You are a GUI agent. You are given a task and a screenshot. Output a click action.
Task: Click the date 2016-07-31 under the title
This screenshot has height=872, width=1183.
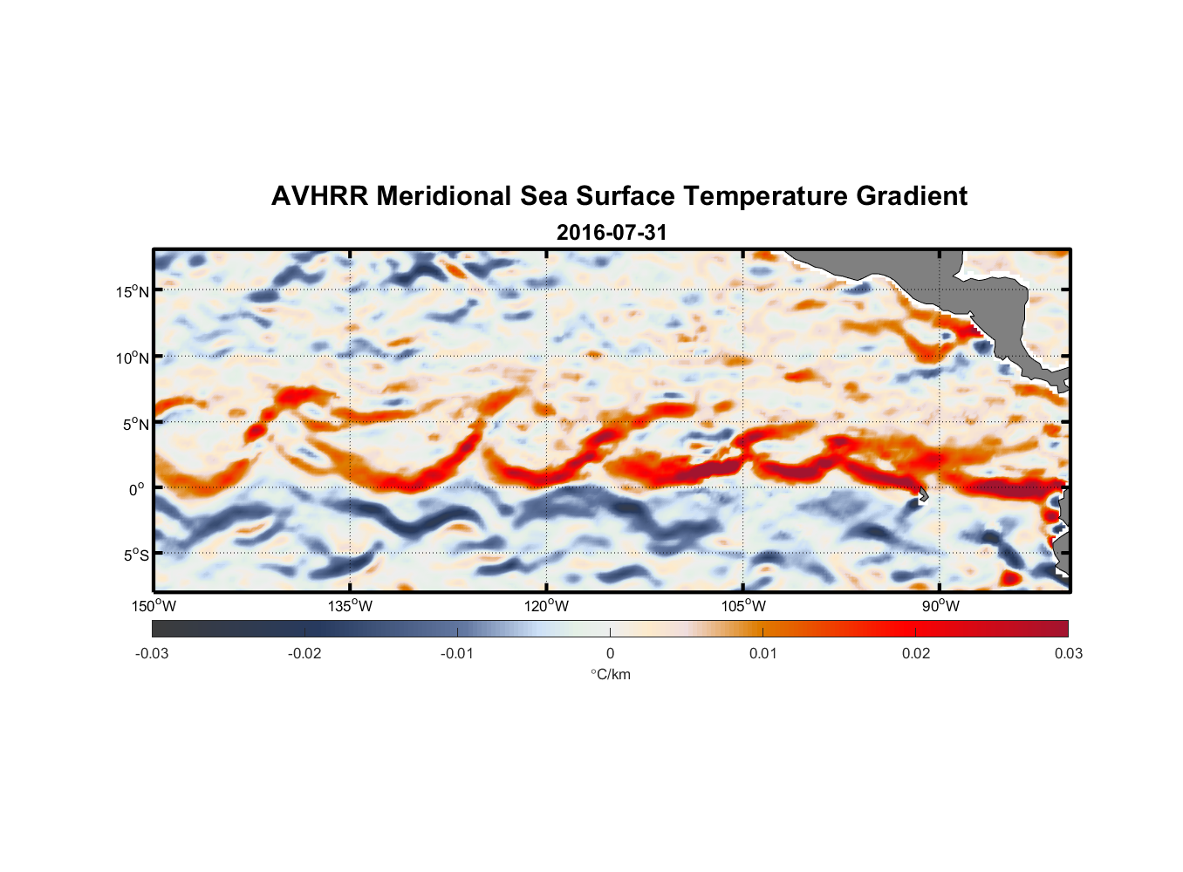(x=611, y=232)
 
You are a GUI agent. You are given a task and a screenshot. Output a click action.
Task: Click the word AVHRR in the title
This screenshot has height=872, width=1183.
(x=319, y=196)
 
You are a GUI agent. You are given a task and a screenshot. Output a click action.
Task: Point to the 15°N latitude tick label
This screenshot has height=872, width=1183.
(x=132, y=291)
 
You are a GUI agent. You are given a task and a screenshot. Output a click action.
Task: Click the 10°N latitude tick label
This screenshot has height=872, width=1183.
(x=132, y=358)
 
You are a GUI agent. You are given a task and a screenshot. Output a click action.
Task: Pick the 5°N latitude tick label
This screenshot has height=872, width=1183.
(x=135, y=424)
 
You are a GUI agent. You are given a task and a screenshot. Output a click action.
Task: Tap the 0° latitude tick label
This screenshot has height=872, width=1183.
(x=137, y=489)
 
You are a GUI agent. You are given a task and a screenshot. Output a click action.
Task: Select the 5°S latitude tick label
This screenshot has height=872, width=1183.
(x=135, y=555)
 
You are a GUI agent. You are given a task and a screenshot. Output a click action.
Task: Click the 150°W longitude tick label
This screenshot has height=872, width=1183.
(x=154, y=606)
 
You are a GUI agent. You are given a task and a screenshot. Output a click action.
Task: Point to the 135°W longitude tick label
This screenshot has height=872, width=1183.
(x=350, y=606)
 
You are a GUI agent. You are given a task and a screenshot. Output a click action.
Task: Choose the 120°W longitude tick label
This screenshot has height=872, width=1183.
(x=546, y=606)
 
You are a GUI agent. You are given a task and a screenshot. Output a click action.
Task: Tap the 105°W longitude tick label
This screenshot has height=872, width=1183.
(x=743, y=606)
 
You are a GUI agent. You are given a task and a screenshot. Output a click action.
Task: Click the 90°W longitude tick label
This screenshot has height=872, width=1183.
(x=940, y=606)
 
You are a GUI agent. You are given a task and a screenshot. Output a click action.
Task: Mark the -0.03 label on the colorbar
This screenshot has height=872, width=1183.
(x=152, y=653)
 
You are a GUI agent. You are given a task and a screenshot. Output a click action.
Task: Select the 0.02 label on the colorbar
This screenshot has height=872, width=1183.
(x=915, y=653)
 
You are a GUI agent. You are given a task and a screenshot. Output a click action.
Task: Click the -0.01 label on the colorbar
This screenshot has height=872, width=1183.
(x=456, y=653)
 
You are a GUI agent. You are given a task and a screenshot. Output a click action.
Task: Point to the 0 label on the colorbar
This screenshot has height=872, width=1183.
(x=610, y=653)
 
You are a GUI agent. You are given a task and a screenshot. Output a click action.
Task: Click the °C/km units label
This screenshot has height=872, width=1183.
(x=610, y=674)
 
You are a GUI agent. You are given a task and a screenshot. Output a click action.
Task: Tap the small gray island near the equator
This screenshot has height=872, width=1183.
(x=923, y=495)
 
